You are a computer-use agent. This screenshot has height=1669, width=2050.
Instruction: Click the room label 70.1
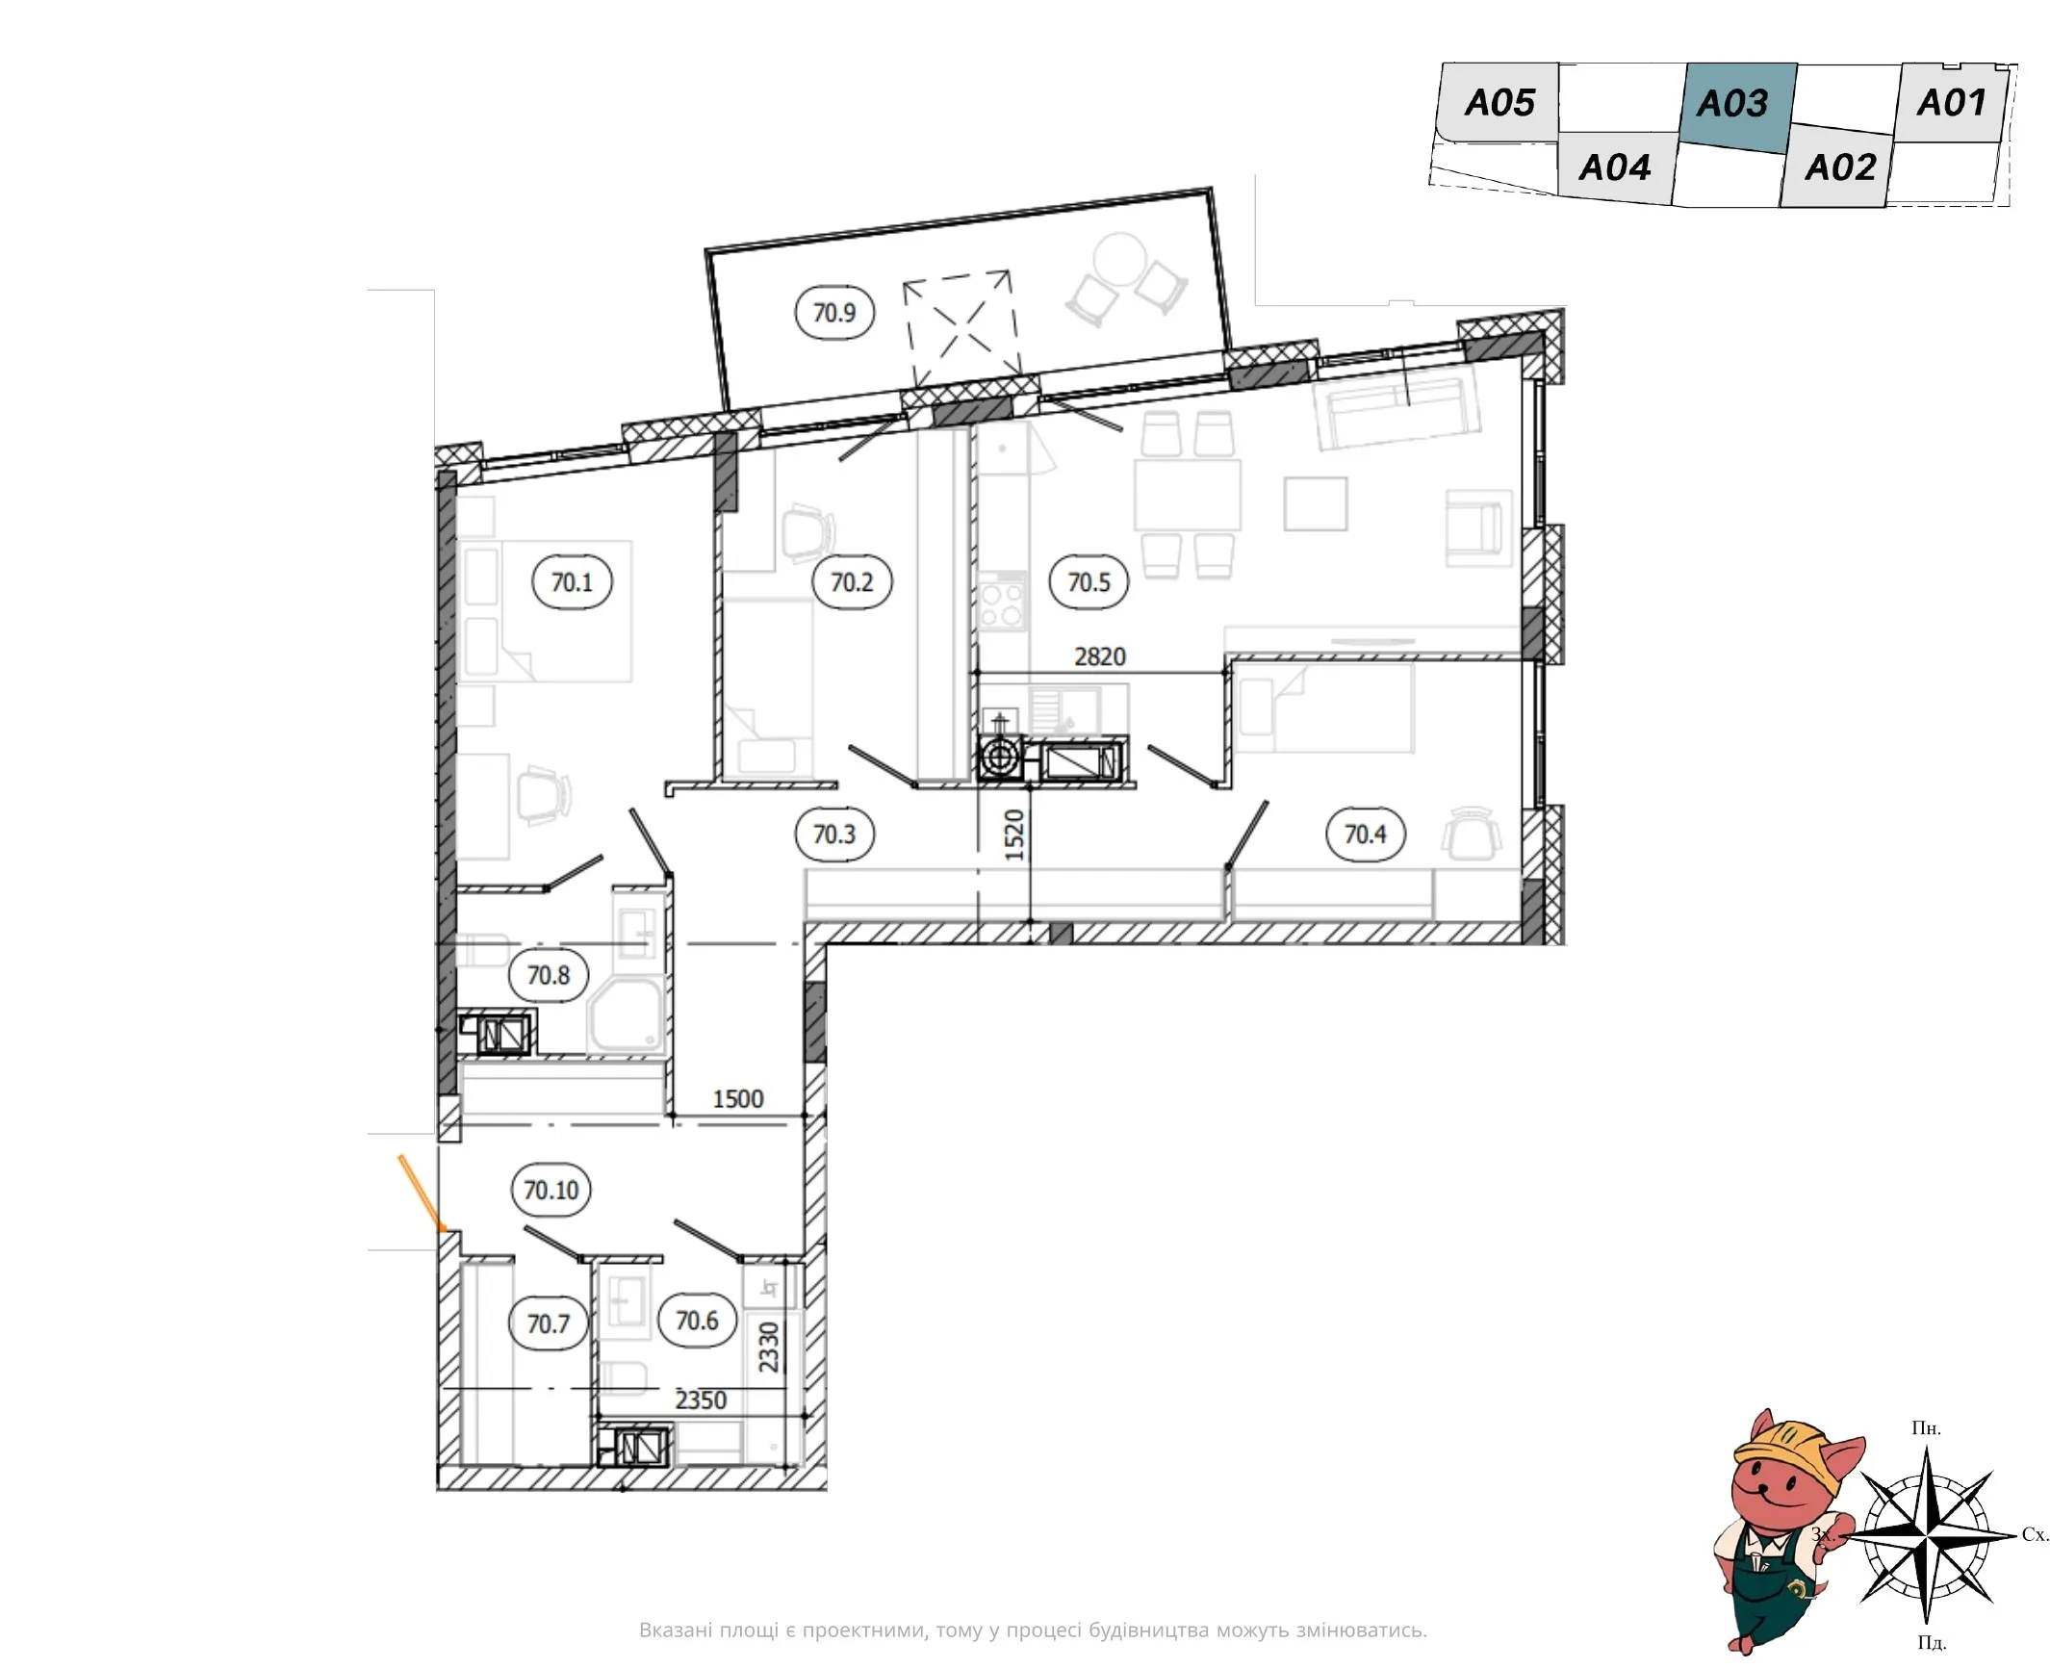572,581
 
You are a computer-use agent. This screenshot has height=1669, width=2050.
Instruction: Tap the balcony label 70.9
834,313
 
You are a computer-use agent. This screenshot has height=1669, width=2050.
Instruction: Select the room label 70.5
1089,581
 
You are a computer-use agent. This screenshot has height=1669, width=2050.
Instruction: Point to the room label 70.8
549,975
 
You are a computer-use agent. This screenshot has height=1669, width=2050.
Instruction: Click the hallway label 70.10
551,1190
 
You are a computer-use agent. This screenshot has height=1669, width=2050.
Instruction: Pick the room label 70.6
697,1320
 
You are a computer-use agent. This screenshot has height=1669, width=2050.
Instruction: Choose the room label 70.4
1365,834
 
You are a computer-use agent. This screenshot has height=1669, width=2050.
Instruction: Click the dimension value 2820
1099,656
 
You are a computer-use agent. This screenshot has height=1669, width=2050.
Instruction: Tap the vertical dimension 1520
1014,834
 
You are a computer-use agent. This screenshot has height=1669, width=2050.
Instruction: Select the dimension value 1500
737,1099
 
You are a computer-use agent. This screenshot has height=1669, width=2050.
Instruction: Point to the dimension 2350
700,1400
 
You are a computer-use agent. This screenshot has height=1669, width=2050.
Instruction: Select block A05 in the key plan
1498,102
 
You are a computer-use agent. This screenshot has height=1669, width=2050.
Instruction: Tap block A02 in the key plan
1838,167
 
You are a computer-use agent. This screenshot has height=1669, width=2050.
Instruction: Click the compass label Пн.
1925,1427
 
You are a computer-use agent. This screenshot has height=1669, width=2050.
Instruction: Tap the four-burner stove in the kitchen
1001,603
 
